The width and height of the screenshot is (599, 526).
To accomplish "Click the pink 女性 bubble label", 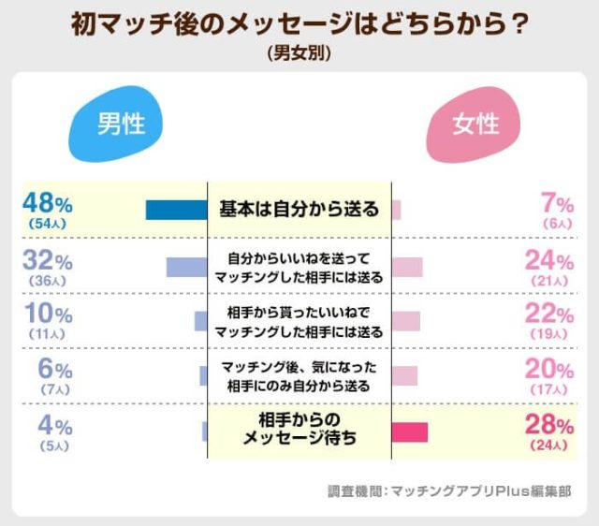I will point(475,124).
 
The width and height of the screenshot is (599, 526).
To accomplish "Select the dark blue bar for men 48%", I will point(176,210).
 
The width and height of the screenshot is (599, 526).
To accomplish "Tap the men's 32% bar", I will point(186,267).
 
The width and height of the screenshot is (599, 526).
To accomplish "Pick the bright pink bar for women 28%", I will point(409,431).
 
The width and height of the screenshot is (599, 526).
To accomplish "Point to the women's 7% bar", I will point(396,210).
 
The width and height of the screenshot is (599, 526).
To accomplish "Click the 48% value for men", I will point(49,203).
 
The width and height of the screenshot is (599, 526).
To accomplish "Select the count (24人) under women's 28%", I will point(549,446).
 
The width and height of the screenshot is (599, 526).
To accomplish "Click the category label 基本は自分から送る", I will point(299,209).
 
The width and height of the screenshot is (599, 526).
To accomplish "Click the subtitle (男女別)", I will point(299,53).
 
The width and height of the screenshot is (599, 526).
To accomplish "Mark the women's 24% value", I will point(549,259).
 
